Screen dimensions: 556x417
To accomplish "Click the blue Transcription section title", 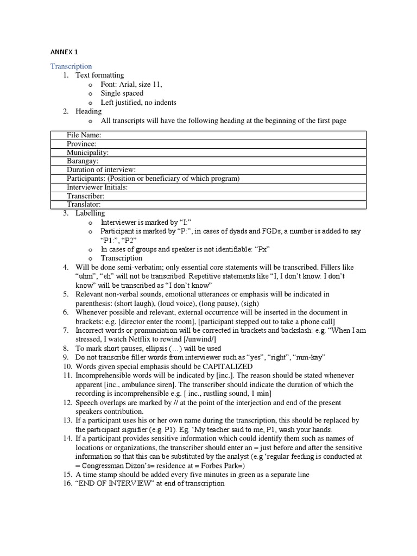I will (x=71, y=66).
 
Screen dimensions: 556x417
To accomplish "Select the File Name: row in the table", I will (x=84, y=135).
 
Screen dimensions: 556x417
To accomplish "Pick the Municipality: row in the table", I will (x=87, y=153).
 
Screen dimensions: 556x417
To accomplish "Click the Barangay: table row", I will (x=83, y=161).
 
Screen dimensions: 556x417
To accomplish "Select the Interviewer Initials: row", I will (x=97, y=187).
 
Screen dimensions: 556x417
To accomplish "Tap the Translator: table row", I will (x=84, y=205).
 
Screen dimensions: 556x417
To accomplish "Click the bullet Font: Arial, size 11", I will (x=131, y=84).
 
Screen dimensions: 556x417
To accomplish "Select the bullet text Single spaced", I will (x=122, y=93).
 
